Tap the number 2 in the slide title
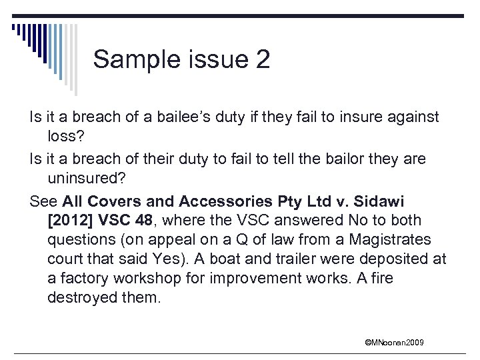[262, 59]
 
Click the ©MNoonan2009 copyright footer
[394, 343]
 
